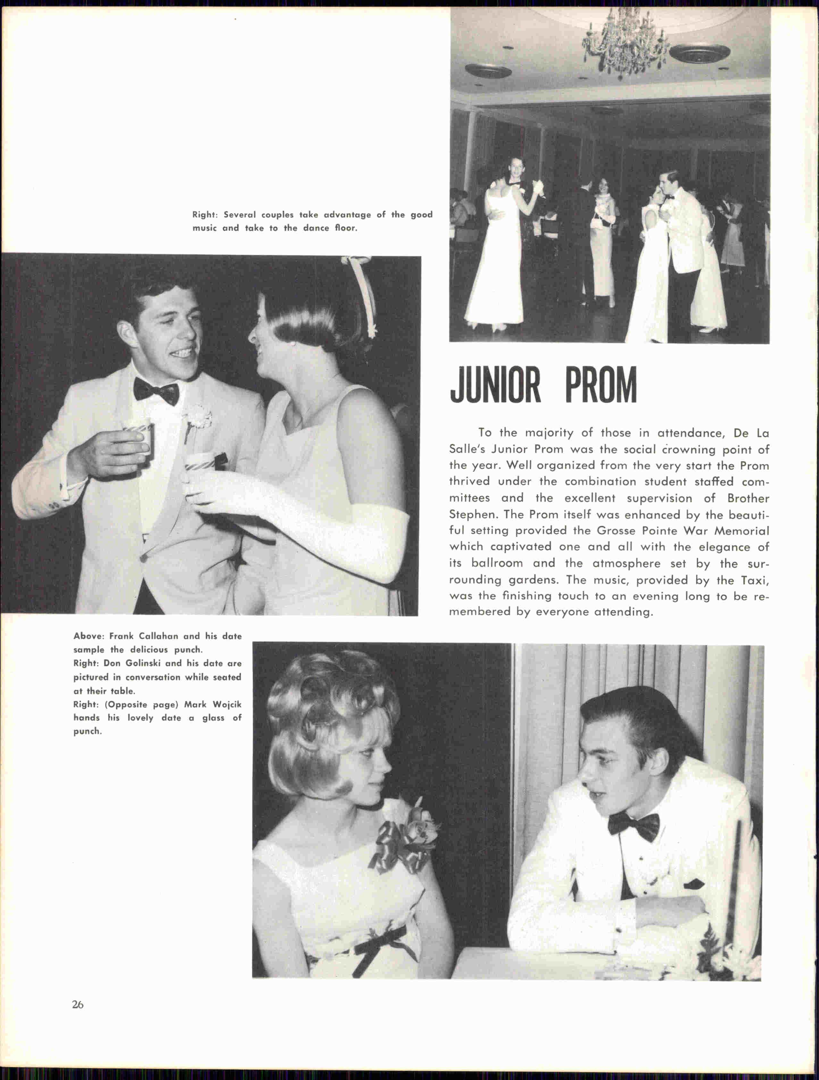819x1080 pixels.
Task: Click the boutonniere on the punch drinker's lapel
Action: click(197, 418)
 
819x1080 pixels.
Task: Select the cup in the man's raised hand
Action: click(139, 437)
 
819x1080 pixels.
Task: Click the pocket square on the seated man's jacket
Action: click(693, 884)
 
